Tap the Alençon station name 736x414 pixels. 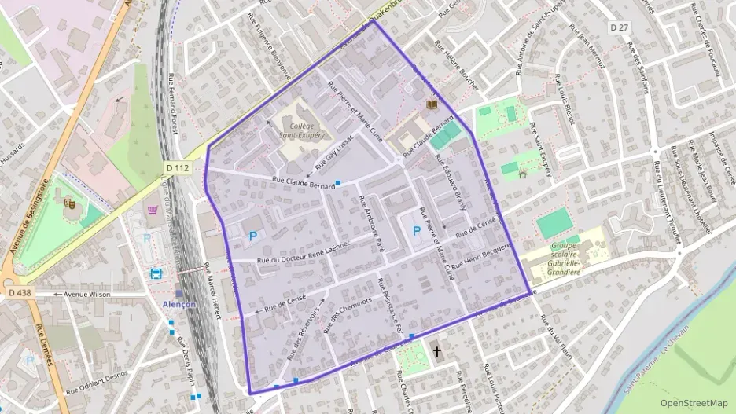tap(179, 304)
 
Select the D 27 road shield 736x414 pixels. tap(620, 27)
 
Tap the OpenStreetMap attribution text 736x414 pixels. tap(694, 403)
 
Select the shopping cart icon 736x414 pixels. tap(153, 210)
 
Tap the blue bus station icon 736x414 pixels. tap(156, 273)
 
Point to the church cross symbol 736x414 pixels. tap(437, 353)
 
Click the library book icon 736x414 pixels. tap(430, 104)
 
